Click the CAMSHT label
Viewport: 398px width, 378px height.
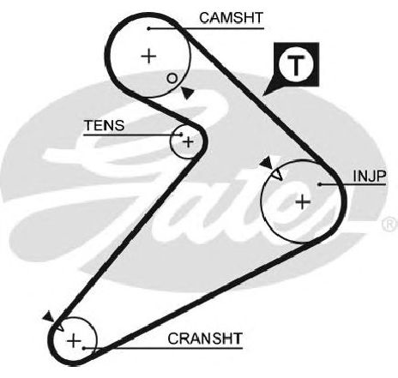(x=231, y=18)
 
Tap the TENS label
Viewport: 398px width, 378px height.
(x=105, y=125)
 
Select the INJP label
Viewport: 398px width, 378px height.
(x=370, y=176)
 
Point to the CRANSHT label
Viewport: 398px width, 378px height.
(x=205, y=339)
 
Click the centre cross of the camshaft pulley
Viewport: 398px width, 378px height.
(x=148, y=56)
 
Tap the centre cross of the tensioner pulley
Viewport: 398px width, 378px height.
(x=188, y=142)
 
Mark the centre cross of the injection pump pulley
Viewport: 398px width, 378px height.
(x=303, y=202)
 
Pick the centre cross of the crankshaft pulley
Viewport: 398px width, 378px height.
(x=74, y=341)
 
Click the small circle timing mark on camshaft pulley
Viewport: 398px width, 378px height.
(x=172, y=78)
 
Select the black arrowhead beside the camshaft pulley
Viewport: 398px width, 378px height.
(x=187, y=93)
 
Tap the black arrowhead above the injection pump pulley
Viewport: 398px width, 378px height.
(x=267, y=163)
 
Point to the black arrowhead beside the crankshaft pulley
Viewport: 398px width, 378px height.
(x=49, y=316)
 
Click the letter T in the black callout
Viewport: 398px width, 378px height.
(x=296, y=64)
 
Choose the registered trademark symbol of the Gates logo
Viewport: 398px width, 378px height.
(x=389, y=224)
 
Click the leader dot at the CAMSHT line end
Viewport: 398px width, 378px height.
(x=148, y=28)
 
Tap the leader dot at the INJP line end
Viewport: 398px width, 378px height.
(x=320, y=184)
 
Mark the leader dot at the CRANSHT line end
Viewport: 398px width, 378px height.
(x=84, y=348)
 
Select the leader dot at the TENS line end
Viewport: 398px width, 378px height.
(x=181, y=135)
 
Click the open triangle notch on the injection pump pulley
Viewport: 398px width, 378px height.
(x=277, y=175)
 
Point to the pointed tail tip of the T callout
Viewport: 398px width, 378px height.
(x=263, y=95)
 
